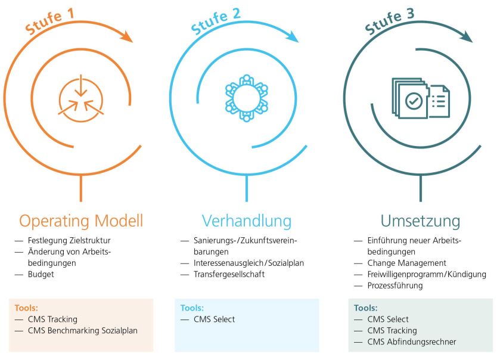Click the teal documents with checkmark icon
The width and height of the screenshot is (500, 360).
tap(420, 99)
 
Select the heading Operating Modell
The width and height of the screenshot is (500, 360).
tap(81, 221)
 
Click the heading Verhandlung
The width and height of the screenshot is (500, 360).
tap(246, 221)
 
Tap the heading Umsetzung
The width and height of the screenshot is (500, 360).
tap(421, 221)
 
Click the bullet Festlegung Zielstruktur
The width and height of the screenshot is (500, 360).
tap(69, 241)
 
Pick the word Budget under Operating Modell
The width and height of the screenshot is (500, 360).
tap(41, 275)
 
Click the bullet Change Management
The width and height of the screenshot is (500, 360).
tap(406, 263)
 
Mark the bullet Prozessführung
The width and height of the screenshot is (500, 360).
tap(395, 286)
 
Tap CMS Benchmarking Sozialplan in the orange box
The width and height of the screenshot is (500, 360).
tap(82, 331)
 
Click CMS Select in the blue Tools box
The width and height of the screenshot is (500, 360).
tap(214, 319)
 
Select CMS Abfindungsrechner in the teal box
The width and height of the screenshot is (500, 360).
tap(412, 342)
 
